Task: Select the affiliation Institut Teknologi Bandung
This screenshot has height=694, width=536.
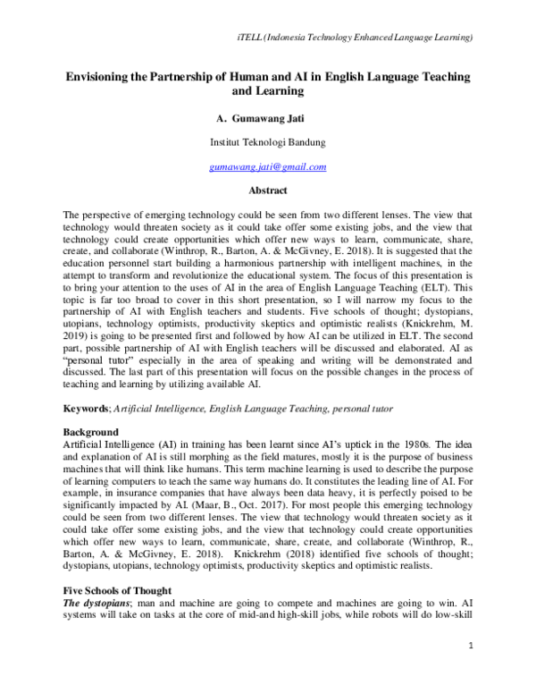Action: [x=267, y=142]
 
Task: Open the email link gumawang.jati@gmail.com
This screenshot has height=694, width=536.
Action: [x=267, y=166]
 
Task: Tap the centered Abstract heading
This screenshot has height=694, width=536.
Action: [x=267, y=190]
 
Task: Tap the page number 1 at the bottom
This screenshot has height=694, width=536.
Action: [x=469, y=669]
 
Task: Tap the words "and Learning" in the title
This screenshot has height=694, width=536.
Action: [x=267, y=92]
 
